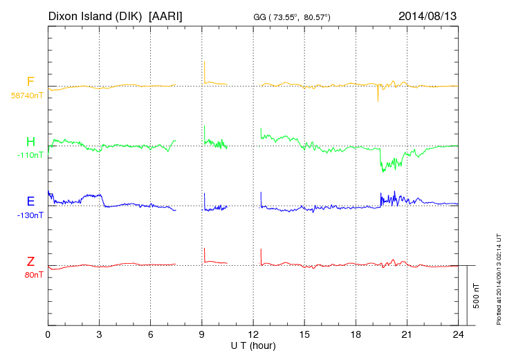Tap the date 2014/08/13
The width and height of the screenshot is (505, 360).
428,15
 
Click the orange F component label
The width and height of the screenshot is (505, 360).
30,82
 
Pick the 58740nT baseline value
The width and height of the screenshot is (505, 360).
26,96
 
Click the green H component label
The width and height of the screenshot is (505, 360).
30,142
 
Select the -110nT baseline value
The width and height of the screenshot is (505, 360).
30,155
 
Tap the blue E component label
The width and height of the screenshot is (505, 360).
30,201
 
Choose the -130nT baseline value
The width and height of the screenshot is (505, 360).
30,215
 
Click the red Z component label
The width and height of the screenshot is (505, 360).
30,261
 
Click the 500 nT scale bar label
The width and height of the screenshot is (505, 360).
477,296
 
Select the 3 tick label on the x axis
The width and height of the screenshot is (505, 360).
99,334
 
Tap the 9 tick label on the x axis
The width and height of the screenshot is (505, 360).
202,334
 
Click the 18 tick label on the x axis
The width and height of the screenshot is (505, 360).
356,334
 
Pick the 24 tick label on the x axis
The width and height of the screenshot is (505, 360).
458,334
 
